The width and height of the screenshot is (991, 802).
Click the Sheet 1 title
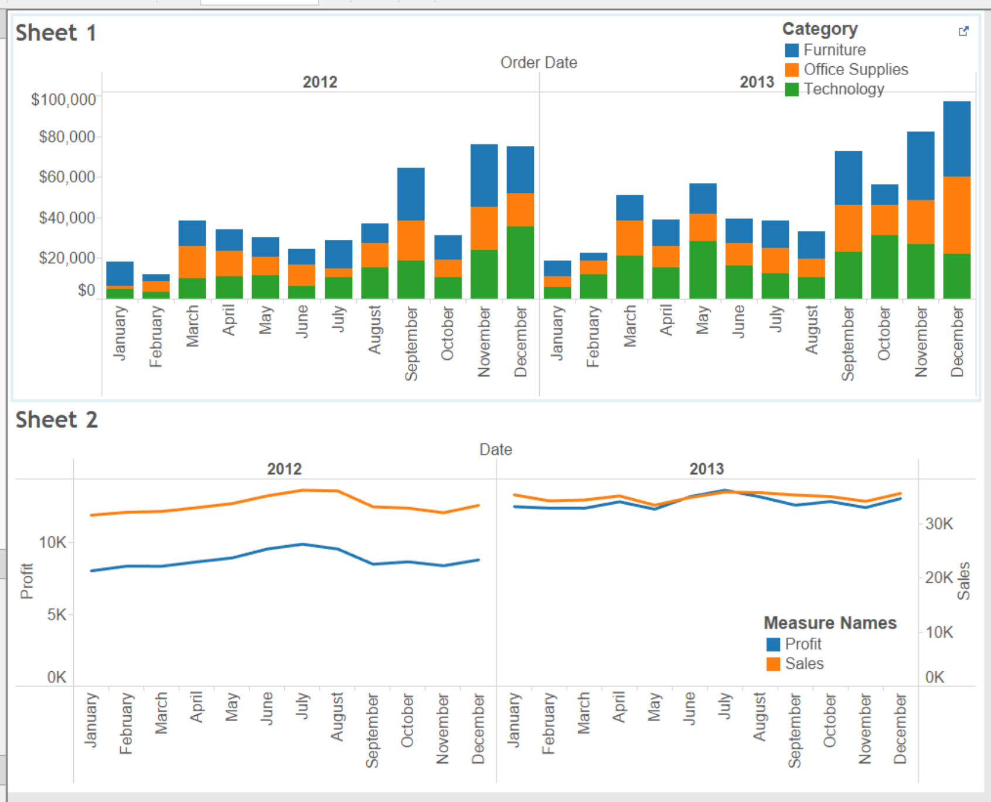[x=56, y=33]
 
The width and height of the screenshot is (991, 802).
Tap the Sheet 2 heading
[x=56, y=420]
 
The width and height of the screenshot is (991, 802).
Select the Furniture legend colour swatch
[x=792, y=50]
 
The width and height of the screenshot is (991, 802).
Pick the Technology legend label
[x=843, y=89]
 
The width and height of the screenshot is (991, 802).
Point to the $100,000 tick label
[x=63, y=99]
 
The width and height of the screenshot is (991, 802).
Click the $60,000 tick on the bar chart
[x=66, y=176]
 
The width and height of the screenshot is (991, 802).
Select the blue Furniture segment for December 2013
[x=956, y=138]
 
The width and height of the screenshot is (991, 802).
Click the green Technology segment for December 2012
[x=520, y=262]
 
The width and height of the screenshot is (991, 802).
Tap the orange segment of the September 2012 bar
[x=411, y=240]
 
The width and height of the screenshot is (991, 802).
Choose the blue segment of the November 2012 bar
[x=484, y=175]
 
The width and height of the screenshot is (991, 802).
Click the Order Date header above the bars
[x=539, y=62]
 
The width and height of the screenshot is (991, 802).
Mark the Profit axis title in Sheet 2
[x=26, y=580]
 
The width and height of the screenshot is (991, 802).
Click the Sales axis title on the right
[x=963, y=580]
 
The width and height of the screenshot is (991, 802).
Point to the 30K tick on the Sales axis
[x=939, y=524]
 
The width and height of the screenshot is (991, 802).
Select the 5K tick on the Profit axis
[x=57, y=614]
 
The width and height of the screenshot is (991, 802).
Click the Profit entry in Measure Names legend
[x=803, y=644]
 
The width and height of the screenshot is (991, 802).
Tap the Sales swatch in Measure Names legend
[x=774, y=664]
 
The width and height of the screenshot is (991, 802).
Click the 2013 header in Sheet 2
[x=706, y=469]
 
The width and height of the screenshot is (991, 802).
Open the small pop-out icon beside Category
[x=963, y=31]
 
